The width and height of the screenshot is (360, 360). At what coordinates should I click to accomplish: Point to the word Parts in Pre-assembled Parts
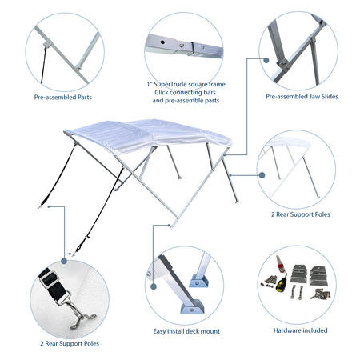pyautogui.click(x=85, y=98)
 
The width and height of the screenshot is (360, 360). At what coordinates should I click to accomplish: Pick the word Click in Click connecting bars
pyautogui.click(x=162, y=93)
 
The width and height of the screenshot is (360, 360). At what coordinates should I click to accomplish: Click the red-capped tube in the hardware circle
pyautogui.click(x=280, y=264)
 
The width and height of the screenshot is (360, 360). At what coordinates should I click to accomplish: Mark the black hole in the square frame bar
pyautogui.click(x=162, y=42)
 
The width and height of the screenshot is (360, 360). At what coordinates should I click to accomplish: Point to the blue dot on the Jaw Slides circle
pyautogui.click(x=266, y=60)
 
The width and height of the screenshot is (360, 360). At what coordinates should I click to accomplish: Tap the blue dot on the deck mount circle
pyautogui.click(x=154, y=286)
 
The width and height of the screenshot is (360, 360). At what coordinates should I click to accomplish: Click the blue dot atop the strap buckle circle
pyautogui.click(x=64, y=261)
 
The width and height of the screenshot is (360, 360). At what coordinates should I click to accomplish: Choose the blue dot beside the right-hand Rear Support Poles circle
pyautogui.click(x=262, y=175)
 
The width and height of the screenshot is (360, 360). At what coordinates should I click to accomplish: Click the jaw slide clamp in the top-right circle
pyautogui.click(x=284, y=65)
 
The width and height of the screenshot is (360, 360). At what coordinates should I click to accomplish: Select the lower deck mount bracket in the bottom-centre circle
pyautogui.click(x=193, y=306)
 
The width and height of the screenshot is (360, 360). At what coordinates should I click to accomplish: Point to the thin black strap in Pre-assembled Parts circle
pyautogui.click(x=43, y=65)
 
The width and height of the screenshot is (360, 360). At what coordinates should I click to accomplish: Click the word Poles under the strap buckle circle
pyautogui.click(x=91, y=343)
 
